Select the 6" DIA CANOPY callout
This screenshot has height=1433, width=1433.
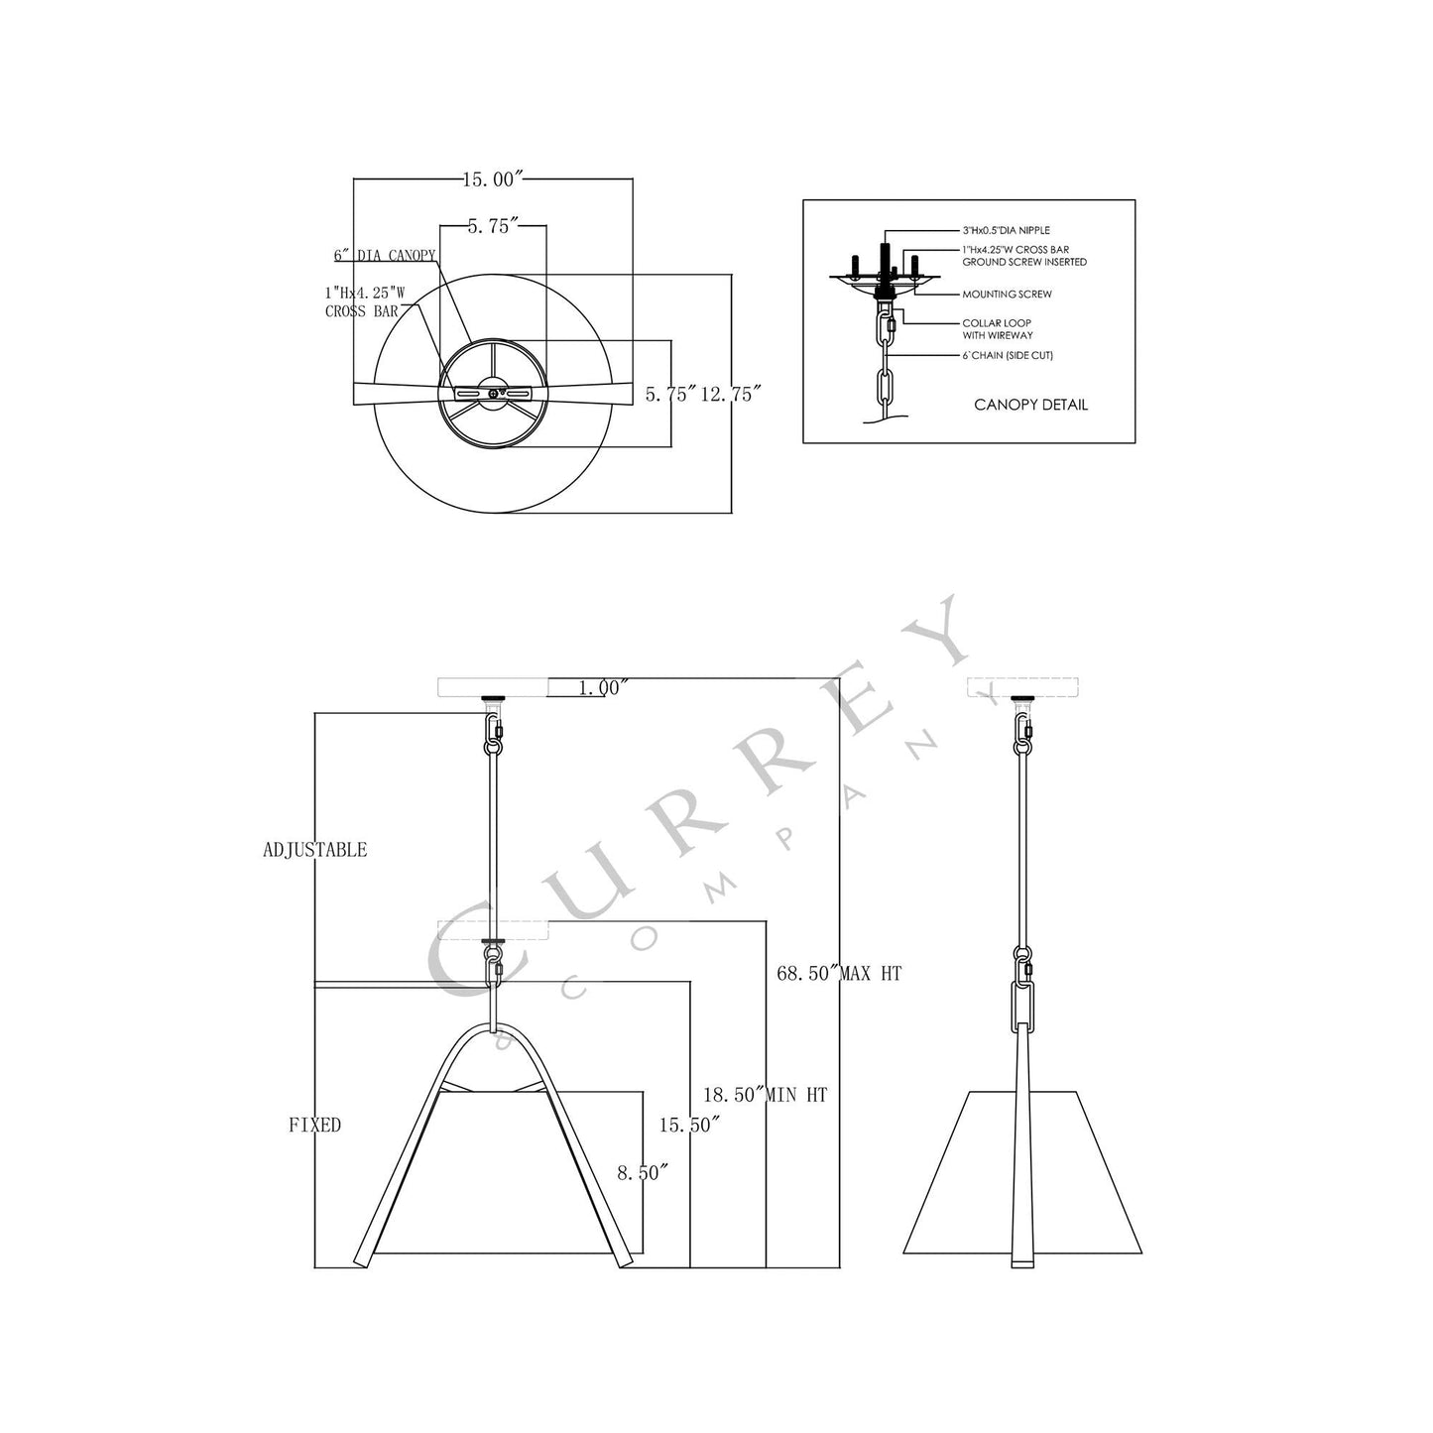(385, 256)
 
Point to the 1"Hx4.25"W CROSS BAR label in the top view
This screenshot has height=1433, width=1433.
(364, 301)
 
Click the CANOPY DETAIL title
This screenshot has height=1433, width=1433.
(1030, 405)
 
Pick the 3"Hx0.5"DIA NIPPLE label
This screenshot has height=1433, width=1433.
(1006, 230)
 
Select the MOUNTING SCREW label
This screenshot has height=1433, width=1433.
(1007, 295)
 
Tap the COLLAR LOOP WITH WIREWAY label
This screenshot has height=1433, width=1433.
(997, 329)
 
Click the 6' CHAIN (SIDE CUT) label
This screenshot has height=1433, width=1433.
(1007, 355)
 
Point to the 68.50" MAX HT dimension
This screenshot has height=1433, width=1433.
(839, 974)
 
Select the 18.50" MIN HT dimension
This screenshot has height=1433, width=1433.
(765, 1096)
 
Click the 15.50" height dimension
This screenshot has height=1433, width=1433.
(689, 1125)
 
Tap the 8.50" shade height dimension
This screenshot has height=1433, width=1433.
(643, 1172)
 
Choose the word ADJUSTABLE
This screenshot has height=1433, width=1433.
(314, 850)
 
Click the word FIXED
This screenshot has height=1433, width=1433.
(314, 1125)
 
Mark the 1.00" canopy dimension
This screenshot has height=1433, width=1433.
(603, 687)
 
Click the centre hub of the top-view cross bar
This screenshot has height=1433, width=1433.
(493, 394)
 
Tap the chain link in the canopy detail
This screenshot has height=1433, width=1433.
(884, 384)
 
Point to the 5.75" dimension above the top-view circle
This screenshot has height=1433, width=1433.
(493, 226)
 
